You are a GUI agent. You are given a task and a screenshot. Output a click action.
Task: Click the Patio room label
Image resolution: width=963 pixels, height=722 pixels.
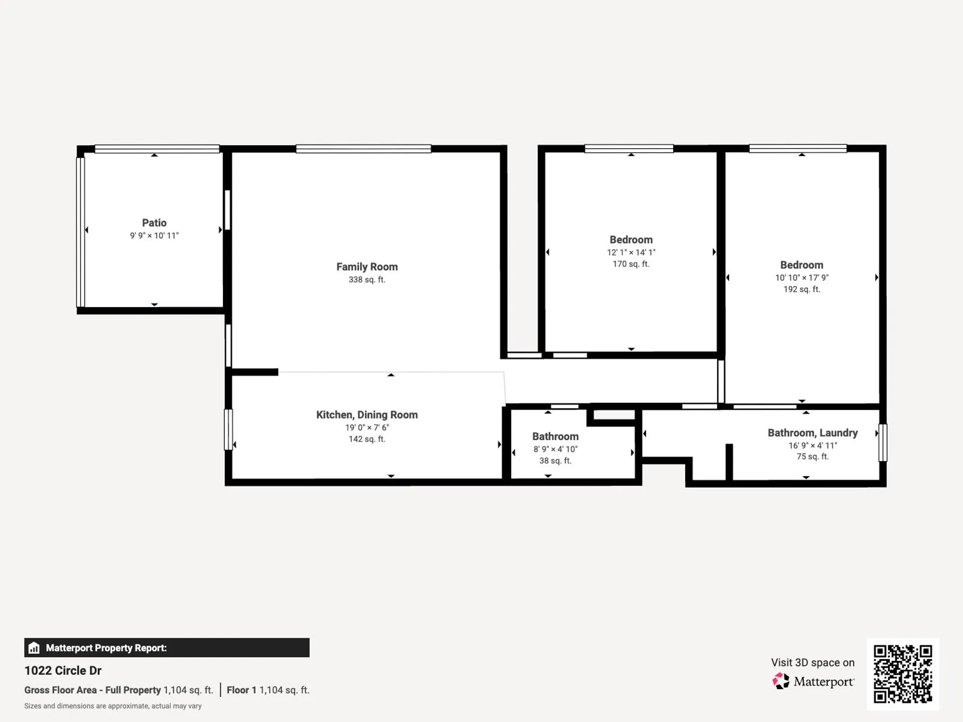[154, 223]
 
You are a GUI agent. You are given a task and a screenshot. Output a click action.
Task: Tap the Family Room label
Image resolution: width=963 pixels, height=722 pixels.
[367, 267]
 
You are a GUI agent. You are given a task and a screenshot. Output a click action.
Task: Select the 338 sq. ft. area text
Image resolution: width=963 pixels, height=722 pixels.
[367, 280]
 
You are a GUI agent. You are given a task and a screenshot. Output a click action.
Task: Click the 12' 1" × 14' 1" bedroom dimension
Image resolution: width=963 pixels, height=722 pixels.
[631, 252]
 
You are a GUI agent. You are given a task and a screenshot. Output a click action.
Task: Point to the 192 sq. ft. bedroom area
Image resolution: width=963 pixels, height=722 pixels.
[801, 289]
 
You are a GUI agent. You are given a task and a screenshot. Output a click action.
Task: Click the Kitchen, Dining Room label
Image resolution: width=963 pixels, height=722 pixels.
[367, 415]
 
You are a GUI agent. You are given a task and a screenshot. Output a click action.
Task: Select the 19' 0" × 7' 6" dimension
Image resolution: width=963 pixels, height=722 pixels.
[367, 427]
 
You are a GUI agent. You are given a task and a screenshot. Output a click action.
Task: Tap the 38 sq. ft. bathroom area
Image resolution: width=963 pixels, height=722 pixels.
[555, 461]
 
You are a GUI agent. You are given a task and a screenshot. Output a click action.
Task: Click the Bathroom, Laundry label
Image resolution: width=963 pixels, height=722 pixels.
[812, 433]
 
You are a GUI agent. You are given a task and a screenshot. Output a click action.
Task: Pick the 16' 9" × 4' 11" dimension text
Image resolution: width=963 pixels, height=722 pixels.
[812, 445]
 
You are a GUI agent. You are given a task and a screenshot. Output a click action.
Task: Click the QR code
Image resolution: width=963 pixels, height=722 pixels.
[902, 674]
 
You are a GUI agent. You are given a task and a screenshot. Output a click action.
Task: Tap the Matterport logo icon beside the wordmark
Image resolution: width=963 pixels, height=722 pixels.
[781, 681]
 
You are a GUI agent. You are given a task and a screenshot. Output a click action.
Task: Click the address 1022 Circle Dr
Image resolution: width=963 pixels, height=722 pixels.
[63, 670]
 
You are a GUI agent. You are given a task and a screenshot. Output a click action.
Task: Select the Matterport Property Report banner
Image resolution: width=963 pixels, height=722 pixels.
[167, 648]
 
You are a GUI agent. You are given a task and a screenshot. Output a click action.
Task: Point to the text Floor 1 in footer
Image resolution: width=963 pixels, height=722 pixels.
[238, 690]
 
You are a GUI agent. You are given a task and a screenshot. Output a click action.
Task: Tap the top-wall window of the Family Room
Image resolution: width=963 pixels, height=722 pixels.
[363, 149]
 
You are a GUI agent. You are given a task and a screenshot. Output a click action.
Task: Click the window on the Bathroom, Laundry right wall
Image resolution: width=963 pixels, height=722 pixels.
[883, 442]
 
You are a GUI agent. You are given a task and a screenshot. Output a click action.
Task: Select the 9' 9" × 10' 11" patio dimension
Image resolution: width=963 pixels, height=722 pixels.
[154, 235]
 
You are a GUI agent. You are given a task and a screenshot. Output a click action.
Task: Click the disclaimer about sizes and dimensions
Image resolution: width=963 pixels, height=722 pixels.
[113, 706]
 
